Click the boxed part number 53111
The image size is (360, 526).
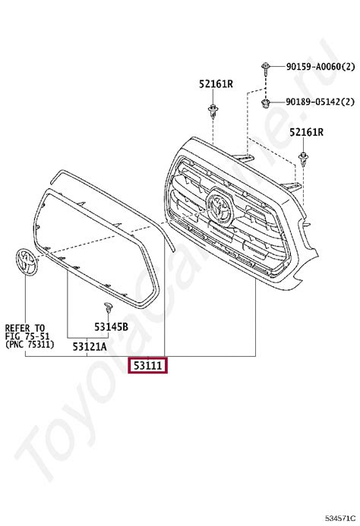[148, 365]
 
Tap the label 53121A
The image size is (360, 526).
[90, 347]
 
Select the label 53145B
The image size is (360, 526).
[111, 326]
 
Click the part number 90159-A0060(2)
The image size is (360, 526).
[321, 67]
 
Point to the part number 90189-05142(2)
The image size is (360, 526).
[320, 102]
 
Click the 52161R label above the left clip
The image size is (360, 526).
[216, 83]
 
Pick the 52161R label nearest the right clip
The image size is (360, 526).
[307, 132]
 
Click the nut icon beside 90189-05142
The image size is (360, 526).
[266, 103]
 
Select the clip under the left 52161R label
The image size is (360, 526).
[213, 112]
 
